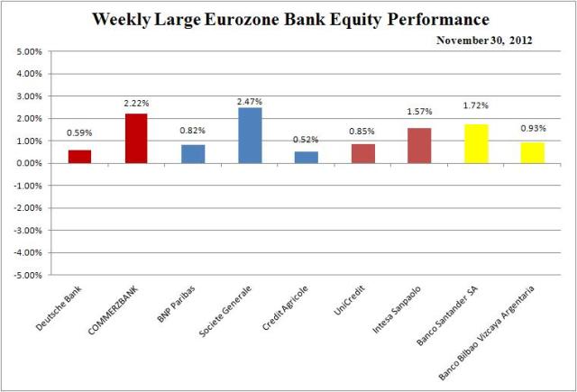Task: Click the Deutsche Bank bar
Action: (x=79, y=156)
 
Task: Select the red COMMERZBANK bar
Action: (x=135, y=138)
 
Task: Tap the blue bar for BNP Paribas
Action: (x=192, y=153)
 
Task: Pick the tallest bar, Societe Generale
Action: (x=249, y=135)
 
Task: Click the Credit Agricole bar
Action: (x=306, y=157)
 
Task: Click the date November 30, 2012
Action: (x=483, y=40)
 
